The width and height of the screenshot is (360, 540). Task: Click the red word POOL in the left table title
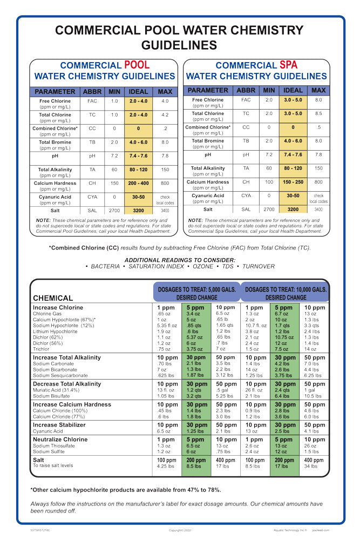(x=137, y=65)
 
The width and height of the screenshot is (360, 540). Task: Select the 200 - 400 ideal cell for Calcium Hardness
(x=138, y=184)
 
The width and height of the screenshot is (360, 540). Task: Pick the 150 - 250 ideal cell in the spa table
(x=293, y=182)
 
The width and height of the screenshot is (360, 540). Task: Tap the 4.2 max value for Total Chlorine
(x=165, y=115)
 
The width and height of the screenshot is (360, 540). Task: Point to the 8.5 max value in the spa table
(x=318, y=113)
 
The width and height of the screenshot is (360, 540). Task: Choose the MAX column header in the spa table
(x=318, y=90)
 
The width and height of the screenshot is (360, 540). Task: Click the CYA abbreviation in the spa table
(x=246, y=196)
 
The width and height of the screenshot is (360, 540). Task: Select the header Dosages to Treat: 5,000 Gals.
(x=196, y=289)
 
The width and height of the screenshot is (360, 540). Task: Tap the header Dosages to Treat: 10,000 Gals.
(x=286, y=289)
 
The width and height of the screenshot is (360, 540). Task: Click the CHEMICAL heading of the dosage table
(x=53, y=298)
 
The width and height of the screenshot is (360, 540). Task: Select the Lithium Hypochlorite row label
(x=57, y=332)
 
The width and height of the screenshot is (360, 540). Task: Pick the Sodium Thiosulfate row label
(x=53, y=446)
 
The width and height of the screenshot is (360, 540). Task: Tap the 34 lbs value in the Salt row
(x=311, y=466)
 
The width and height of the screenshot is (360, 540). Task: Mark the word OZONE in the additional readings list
(x=188, y=266)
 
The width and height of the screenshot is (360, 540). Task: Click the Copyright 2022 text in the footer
(x=180, y=530)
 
